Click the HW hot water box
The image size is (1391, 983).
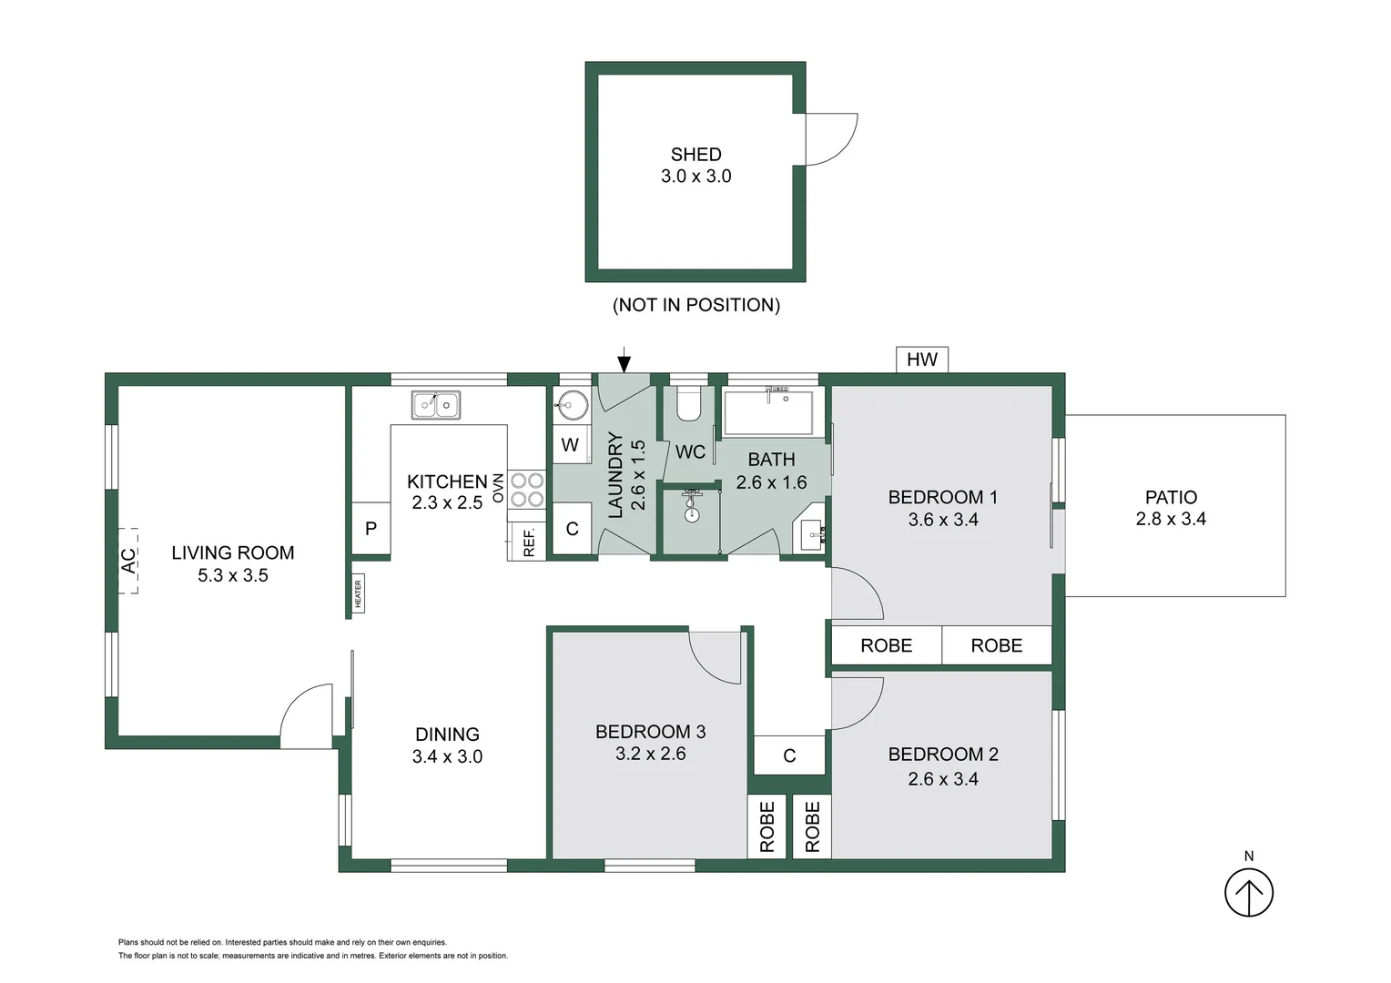921,360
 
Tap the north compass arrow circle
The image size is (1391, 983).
1248,893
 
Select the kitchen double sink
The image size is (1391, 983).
435,404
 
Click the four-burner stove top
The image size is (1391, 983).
526,489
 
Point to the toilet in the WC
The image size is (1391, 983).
688,404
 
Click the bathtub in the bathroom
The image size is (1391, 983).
768,413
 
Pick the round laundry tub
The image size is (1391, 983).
572,405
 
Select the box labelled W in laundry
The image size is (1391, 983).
570,445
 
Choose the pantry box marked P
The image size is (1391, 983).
371,528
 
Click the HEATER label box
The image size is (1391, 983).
358,593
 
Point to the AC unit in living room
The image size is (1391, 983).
128,560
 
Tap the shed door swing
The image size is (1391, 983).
828,139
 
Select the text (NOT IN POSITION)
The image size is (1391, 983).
695,305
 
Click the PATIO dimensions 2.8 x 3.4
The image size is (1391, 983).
1170,519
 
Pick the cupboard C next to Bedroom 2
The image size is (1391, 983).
789,755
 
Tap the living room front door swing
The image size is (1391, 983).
308,718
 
